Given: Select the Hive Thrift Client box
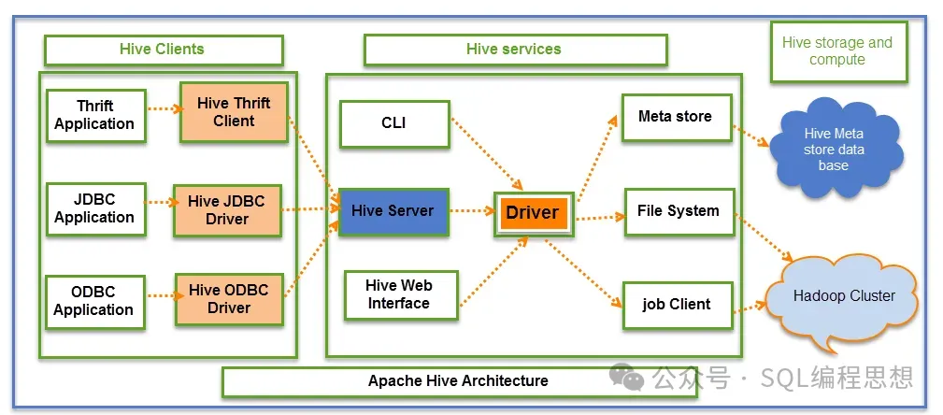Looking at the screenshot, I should point(234,112).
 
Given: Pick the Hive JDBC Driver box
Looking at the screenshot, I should point(227,210).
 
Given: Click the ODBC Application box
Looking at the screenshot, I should point(94,302).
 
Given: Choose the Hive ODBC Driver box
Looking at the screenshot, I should point(229,299).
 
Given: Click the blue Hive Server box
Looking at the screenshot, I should point(393,211).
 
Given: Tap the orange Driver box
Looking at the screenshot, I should point(532,212).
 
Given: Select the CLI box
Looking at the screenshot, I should point(393,123).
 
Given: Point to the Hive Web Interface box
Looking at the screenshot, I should point(399,294).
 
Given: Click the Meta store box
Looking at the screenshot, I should point(676,117).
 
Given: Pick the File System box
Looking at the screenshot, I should point(679,211).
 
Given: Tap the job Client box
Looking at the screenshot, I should point(677,305).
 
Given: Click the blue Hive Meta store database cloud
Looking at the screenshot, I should point(834,149).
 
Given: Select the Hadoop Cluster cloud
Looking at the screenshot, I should point(843,297).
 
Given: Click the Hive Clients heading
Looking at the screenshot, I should point(163,50).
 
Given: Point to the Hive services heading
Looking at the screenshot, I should point(515,50).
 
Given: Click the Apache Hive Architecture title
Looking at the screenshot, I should point(458,381).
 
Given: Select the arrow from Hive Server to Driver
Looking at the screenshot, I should point(471,212).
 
